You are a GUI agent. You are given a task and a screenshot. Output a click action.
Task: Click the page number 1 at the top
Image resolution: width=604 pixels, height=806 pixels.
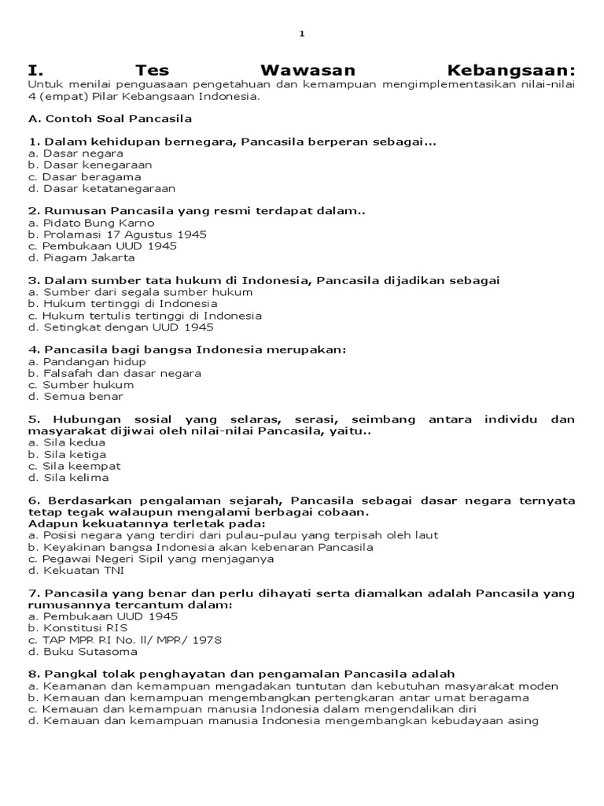(x=301, y=34)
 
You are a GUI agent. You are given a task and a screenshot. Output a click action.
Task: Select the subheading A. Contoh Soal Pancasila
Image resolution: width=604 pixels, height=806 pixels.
(x=110, y=119)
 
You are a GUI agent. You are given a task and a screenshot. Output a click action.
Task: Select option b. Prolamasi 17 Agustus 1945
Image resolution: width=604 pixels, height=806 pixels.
(x=116, y=235)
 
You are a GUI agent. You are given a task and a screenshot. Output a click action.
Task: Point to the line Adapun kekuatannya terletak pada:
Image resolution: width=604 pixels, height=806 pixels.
(x=147, y=523)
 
